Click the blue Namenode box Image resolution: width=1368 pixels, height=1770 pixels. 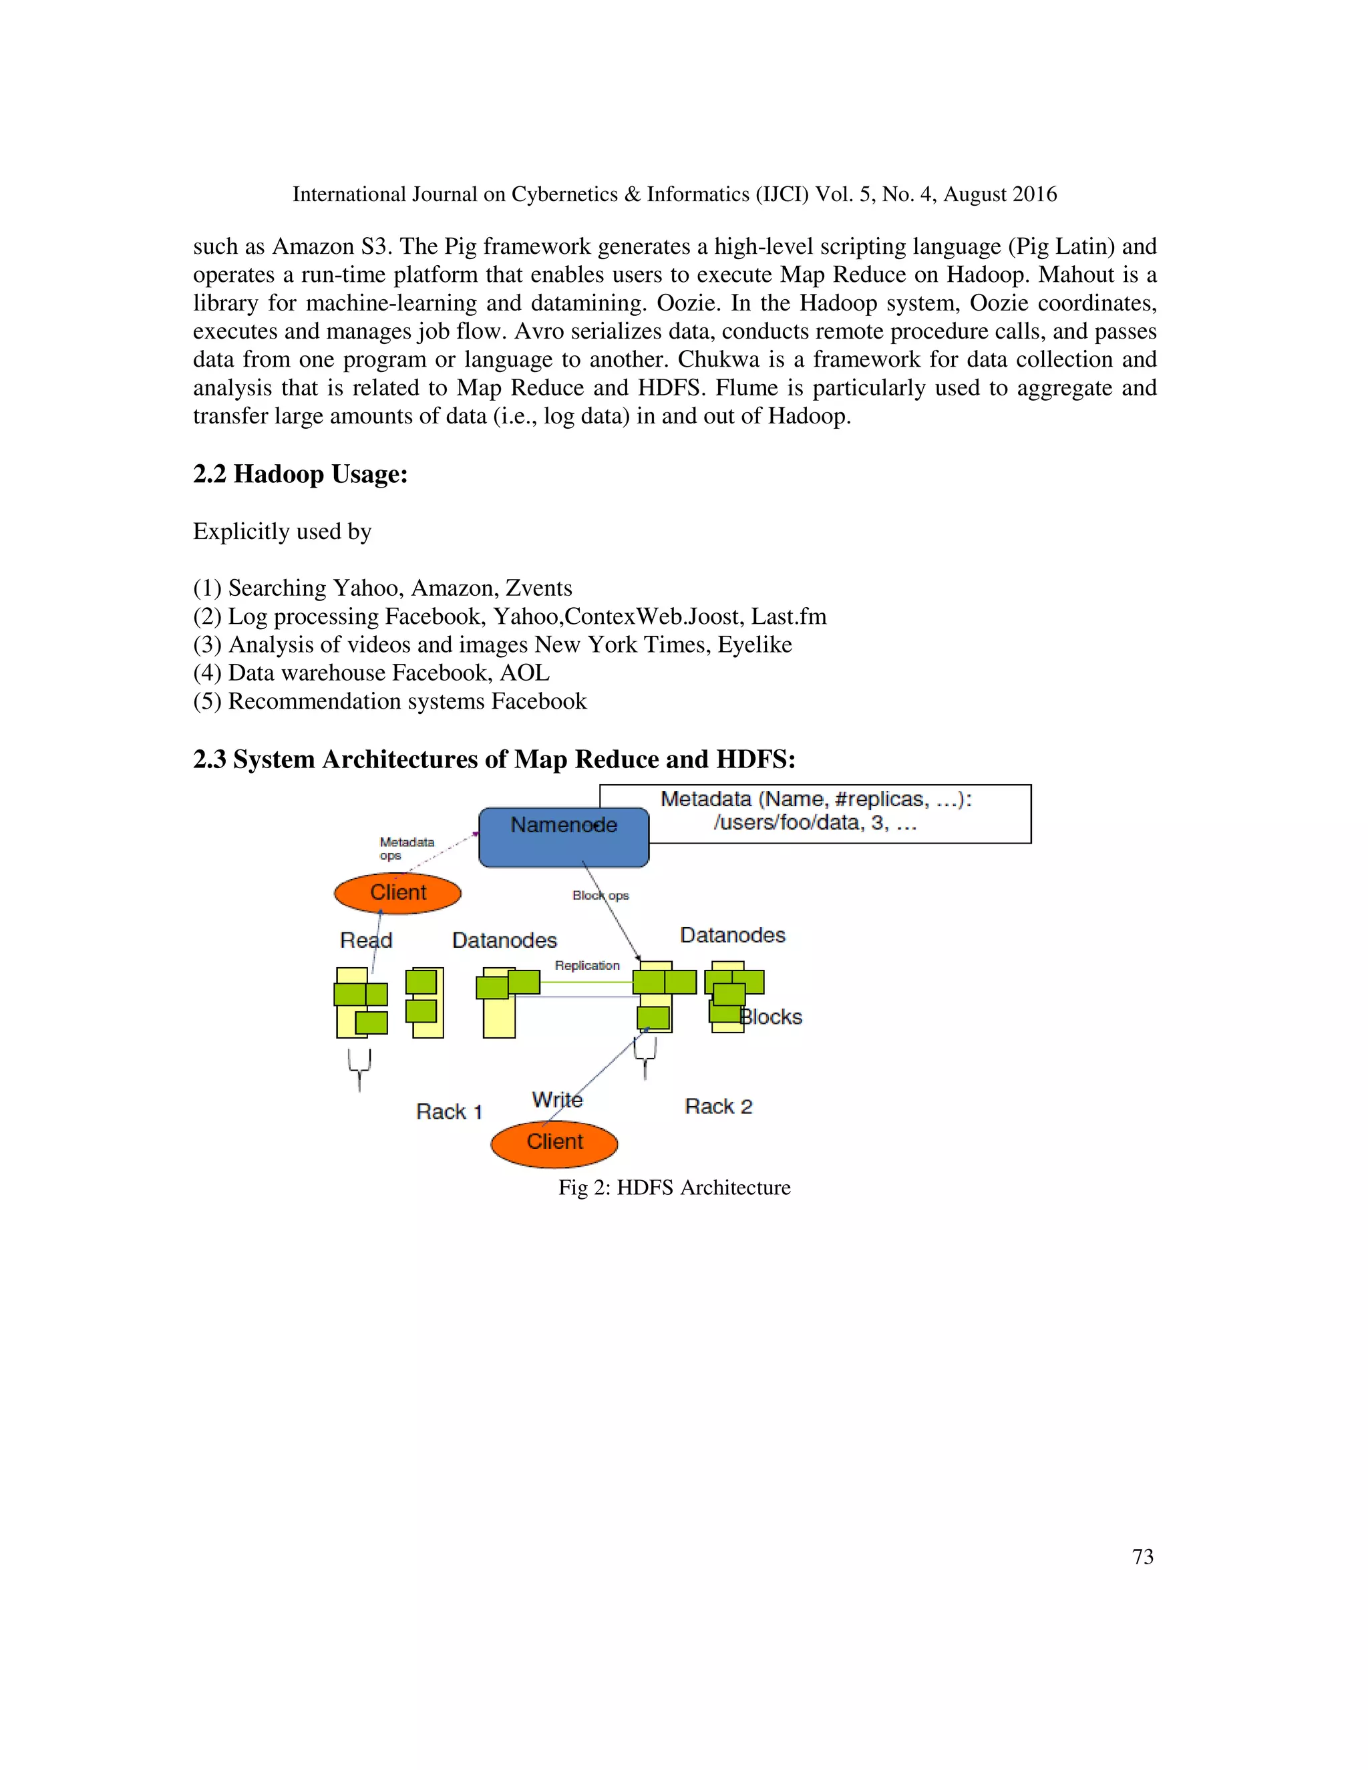click(563, 837)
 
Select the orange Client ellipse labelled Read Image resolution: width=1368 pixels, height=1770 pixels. click(397, 893)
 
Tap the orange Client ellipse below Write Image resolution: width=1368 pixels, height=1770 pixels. click(554, 1143)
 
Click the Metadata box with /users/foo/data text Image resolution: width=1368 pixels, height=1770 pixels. click(816, 813)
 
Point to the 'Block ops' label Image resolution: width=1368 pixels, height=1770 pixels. click(601, 896)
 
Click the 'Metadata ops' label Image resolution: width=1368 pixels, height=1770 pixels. click(406, 848)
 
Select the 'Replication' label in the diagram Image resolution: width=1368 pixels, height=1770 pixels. click(586, 965)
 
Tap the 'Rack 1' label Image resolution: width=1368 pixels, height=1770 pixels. click(449, 1111)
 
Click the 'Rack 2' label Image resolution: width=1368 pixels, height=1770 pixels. click(718, 1106)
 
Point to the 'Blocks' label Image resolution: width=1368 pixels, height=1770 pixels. click(772, 1017)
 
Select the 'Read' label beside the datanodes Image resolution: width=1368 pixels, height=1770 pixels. click(365, 940)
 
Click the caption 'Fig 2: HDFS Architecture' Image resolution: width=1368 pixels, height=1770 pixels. click(674, 1188)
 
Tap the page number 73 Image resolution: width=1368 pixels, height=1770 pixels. click(1143, 1557)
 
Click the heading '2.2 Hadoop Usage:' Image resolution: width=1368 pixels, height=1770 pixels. click(300, 474)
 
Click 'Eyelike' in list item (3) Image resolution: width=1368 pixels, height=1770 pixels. click(755, 645)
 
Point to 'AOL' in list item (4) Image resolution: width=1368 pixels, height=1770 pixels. click(524, 673)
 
